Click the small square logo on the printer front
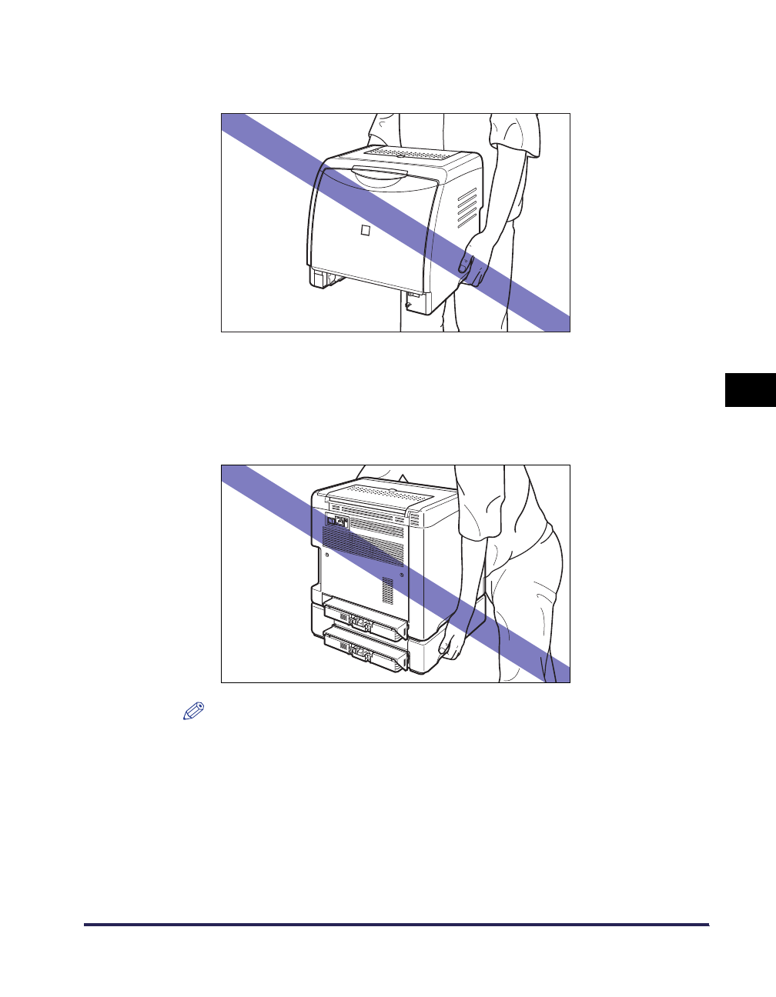366,231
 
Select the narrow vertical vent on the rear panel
387,589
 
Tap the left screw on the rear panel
327,554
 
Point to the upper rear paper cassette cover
365,622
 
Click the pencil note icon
192,711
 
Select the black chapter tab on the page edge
750,389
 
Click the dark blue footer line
396,925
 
